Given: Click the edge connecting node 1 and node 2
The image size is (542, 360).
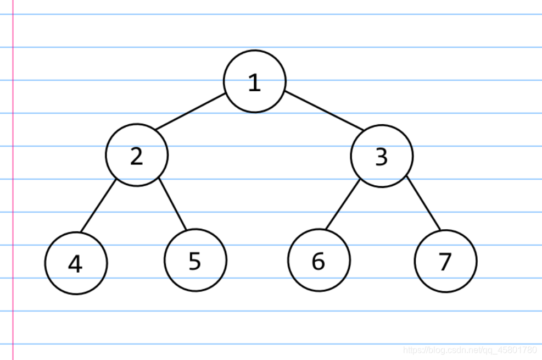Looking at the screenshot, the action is (191, 112).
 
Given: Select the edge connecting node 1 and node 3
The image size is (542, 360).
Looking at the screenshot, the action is (324, 110).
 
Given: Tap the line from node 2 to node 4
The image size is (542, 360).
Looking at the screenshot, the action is (98, 206).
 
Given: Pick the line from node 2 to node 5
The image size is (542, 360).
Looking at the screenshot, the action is (172, 204).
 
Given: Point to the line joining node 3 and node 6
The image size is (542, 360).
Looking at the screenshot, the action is (343, 204).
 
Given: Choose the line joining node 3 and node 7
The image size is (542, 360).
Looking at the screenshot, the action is (423, 203).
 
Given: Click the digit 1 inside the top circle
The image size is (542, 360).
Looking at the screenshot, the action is (254, 82).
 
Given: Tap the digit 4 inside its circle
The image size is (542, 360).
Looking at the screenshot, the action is (75, 264).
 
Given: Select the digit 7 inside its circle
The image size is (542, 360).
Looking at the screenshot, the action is (445, 262).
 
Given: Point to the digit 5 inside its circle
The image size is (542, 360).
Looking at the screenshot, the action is (195, 261).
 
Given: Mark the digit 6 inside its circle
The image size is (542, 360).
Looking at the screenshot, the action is (319, 261).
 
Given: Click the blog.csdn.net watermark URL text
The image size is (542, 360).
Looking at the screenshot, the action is (470, 350).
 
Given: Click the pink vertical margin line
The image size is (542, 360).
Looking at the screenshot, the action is (13, 180).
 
